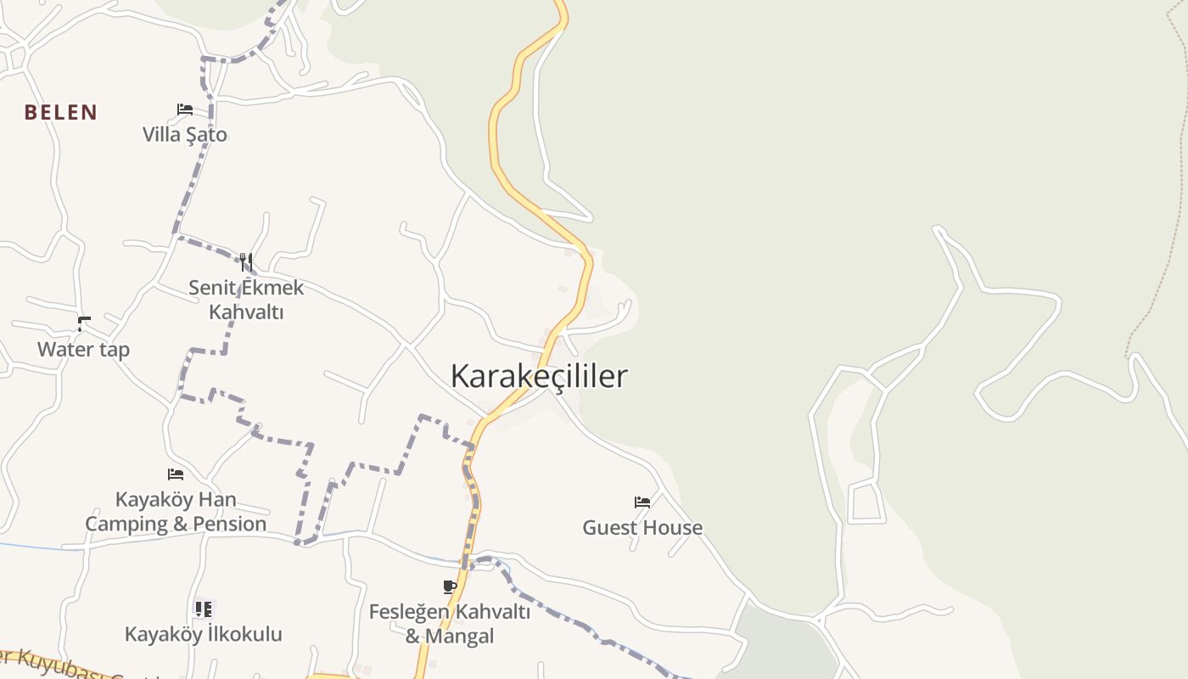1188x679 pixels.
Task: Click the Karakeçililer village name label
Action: [539, 376]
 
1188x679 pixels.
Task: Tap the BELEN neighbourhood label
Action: [61, 112]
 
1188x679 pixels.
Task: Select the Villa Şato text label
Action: [185, 134]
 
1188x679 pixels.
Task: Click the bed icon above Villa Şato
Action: [185, 109]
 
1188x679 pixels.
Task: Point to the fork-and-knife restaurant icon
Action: [246, 261]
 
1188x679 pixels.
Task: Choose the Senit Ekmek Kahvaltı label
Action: [246, 300]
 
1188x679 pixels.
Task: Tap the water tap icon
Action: [83, 323]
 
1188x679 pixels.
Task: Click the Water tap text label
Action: [83, 349]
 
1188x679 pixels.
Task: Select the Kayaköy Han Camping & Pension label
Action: [176, 511]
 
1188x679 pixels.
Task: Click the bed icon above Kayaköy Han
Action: [176, 474]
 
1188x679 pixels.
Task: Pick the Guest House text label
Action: [642, 527]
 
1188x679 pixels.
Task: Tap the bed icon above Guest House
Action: [642, 502]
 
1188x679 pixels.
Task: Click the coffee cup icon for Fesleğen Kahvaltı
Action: [450, 586]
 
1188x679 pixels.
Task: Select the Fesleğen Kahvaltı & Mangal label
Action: [450, 623]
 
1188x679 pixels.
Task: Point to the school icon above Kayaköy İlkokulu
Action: [203, 609]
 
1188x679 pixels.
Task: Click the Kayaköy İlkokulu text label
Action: [204, 634]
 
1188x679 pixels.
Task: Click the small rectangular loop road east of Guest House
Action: [866, 502]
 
